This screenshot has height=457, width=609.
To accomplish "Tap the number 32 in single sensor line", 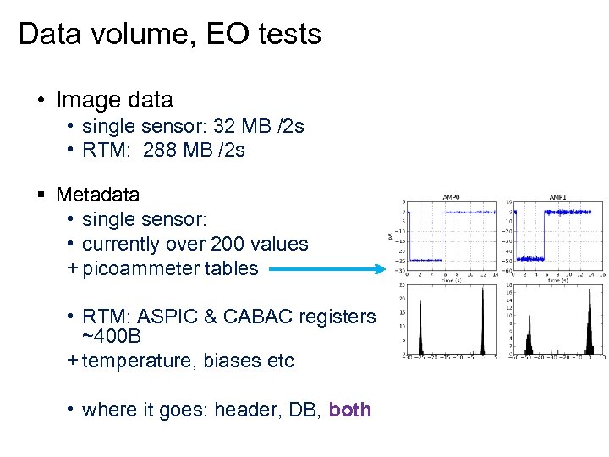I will [x=226, y=127].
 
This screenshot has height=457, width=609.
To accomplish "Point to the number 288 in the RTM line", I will [x=161, y=151].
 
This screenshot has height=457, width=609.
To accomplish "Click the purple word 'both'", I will [x=349, y=410].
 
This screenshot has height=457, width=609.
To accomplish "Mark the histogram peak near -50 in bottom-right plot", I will [x=529, y=339].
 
